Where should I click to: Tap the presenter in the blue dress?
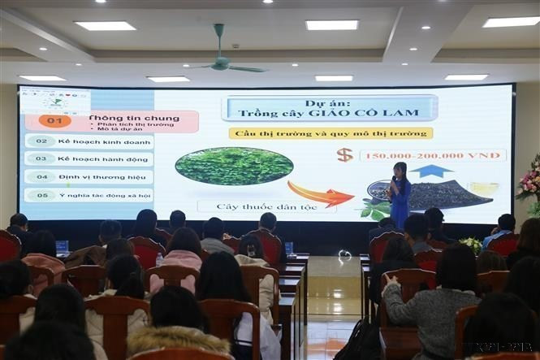coord(399,195)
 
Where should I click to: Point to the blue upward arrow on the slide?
coord(430,171)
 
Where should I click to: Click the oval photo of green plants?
coord(234,166)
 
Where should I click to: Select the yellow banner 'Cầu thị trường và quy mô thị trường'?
coord(330,133)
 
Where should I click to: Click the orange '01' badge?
coord(54,121)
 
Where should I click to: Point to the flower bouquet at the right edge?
coord(529,183)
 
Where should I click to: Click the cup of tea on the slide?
coord(483,189)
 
